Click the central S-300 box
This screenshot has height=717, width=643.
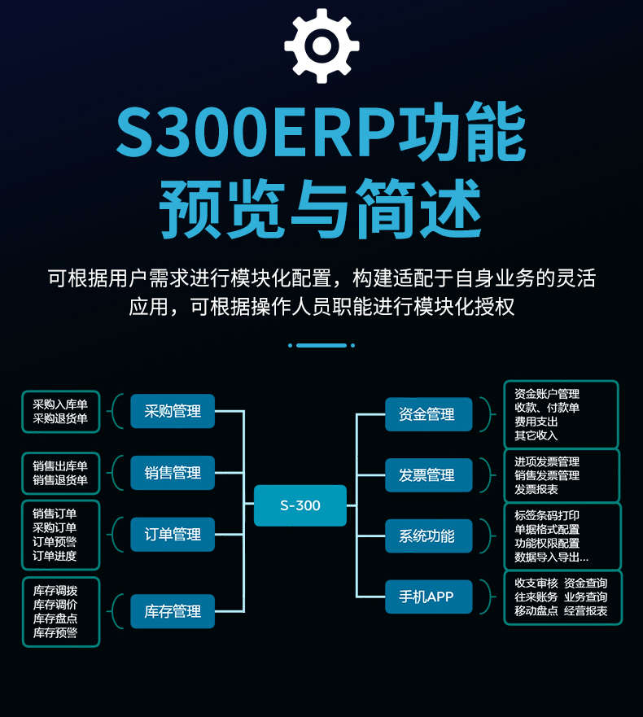(x=300, y=505)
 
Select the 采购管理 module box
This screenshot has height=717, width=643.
(x=173, y=411)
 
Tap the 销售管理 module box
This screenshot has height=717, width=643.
(x=173, y=473)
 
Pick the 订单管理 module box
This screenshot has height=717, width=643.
(x=173, y=535)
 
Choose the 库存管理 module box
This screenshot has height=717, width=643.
(x=173, y=611)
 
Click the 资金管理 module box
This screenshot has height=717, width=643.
(x=427, y=414)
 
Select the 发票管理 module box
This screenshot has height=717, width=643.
(x=427, y=475)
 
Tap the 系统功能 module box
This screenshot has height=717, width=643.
(x=427, y=536)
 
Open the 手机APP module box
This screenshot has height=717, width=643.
(x=427, y=597)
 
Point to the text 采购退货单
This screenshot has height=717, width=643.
(x=60, y=419)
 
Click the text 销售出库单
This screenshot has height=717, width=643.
(x=60, y=466)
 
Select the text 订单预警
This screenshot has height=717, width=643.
(x=55, y=542)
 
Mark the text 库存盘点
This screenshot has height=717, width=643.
(x=55, y=619)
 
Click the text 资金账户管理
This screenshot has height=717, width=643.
(x=547, y=394)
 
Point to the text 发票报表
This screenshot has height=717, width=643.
(x=536, y=490)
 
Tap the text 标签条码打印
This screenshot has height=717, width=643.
(x=547, y=516)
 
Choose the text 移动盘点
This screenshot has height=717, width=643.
(x=536, y=611)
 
